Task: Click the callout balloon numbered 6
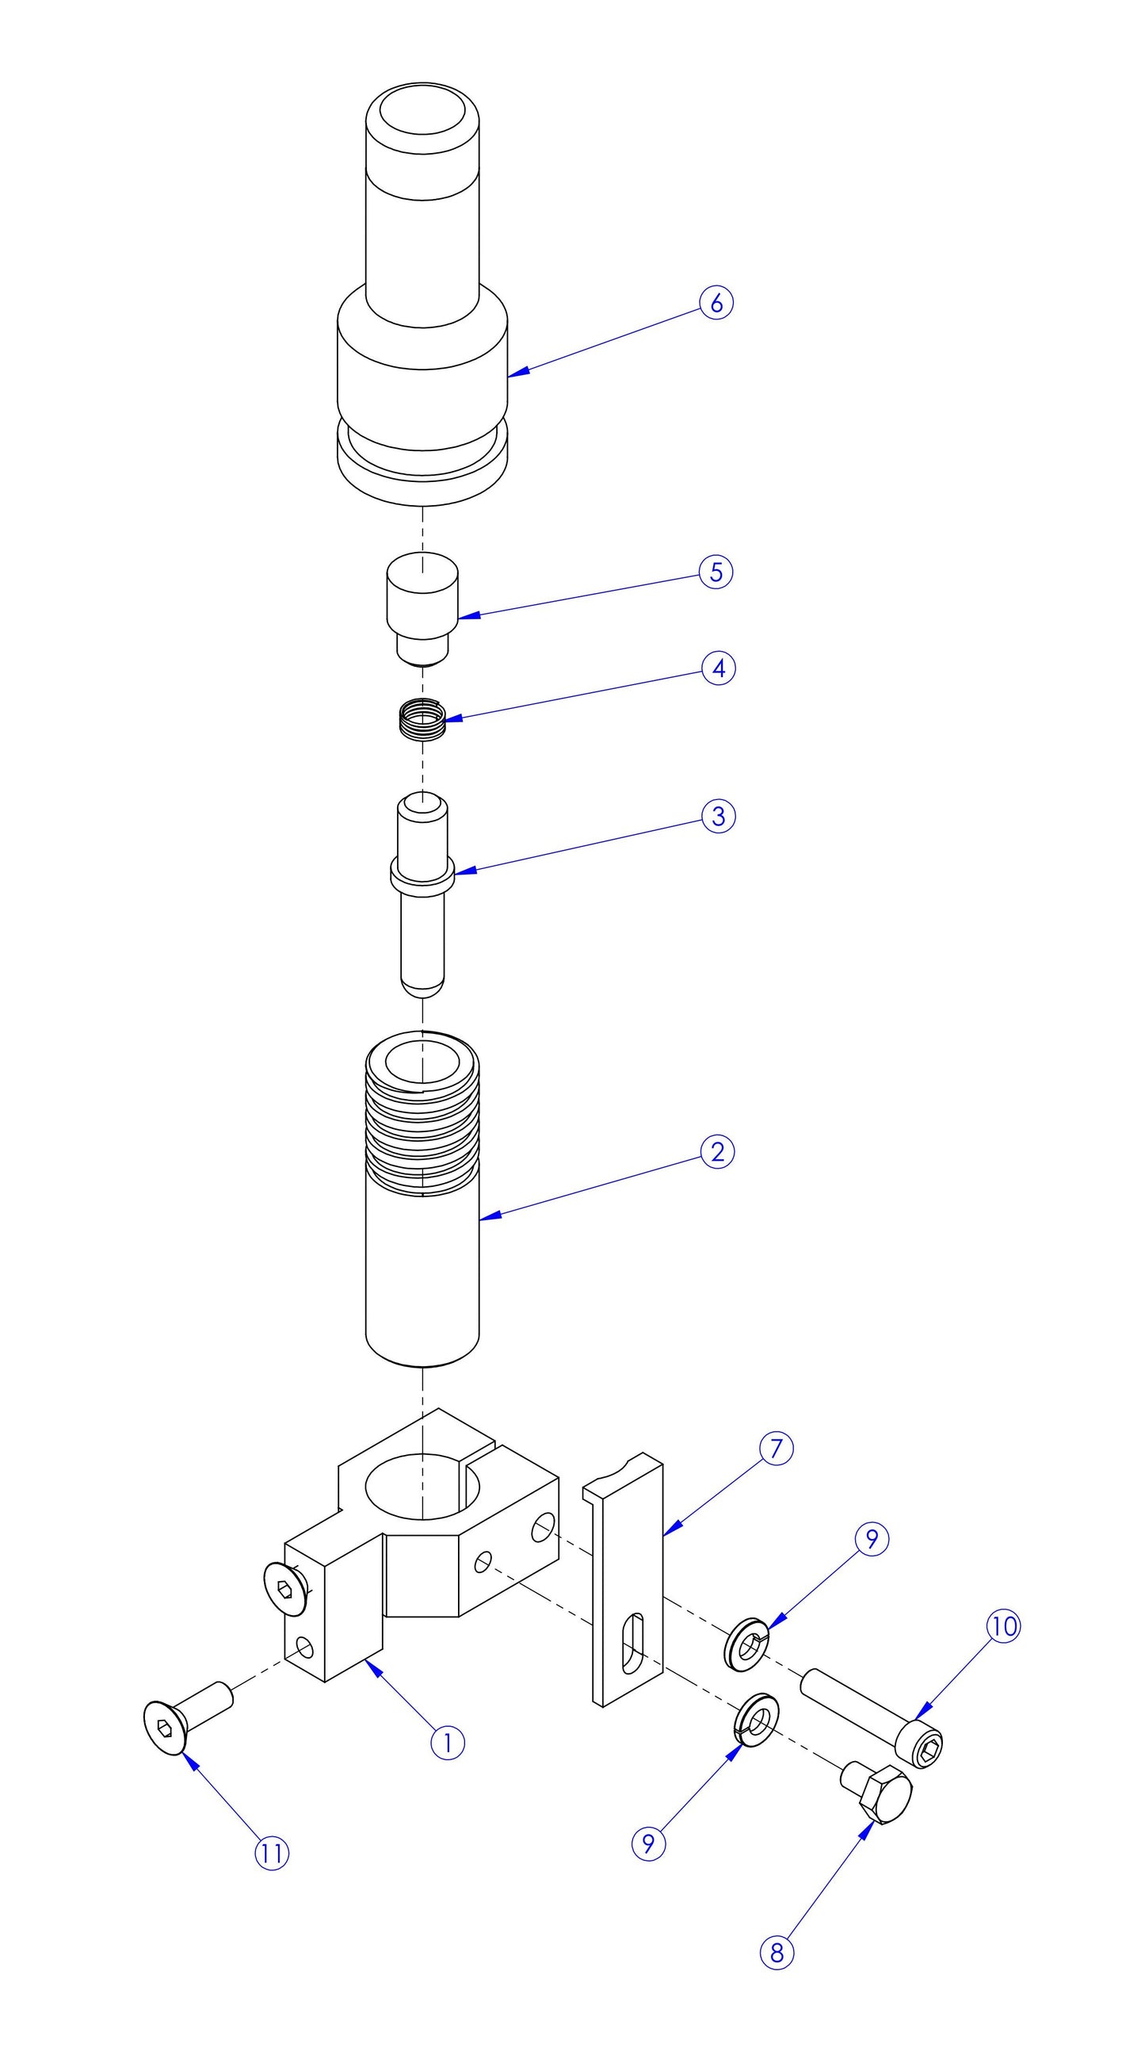pos(716,303)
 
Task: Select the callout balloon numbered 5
pos(716,572)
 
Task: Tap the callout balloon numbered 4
pos(719,668)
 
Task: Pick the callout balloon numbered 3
pos(719,817)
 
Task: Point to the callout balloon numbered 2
pos(718,1152)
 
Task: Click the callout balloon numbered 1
pos(448,1743)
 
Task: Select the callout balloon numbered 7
pos(777,1449)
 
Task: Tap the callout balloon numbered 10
pos(1004,1626)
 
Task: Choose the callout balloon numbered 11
pos(272,1854)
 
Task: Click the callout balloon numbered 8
pos(777,1953)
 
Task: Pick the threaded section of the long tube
pos(422,1121)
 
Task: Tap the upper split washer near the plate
pos(747,1644)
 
